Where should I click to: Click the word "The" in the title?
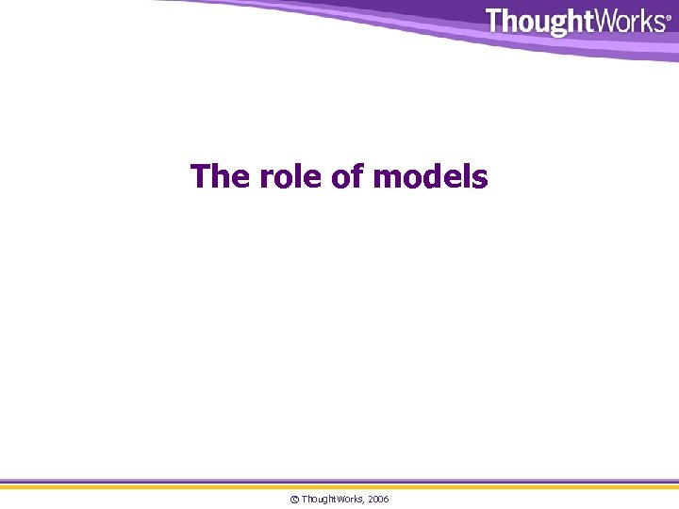click(217, 176)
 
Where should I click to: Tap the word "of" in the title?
click(348, 176)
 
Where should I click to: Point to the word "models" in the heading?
click(431, 176)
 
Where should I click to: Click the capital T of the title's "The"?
click(200, 176)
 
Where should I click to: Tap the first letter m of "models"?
click(387, 178)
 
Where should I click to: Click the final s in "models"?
click(480, 178)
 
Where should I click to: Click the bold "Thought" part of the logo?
click(535, 22)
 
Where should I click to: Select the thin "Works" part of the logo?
click(625, 21)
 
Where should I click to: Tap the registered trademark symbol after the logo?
click(669, 17)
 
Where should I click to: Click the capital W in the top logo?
click(598, 21)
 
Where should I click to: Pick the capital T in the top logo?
click(494, 21)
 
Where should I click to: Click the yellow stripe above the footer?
click(339, 486)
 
